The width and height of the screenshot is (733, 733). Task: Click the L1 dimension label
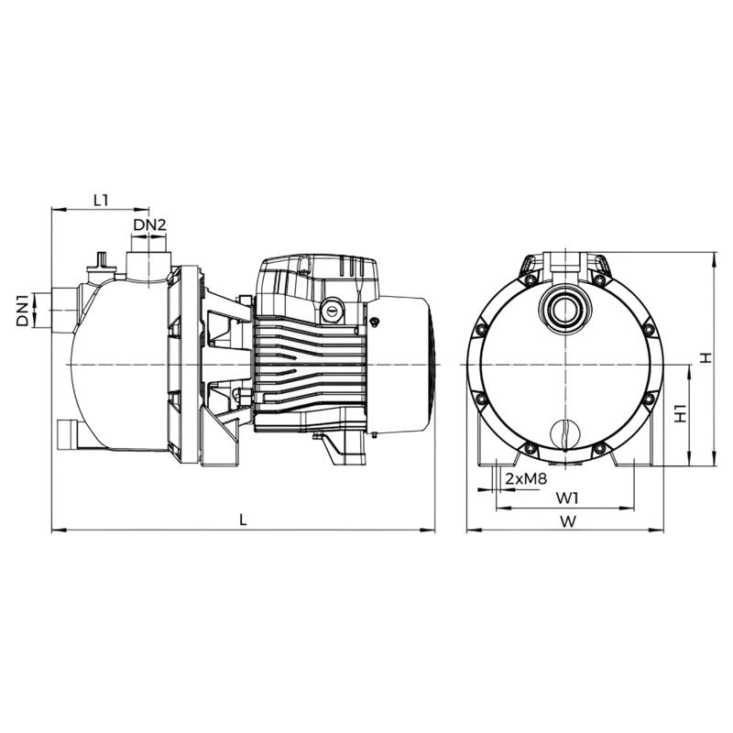coord(101,201)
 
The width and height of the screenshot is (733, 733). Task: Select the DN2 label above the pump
coord(149,225)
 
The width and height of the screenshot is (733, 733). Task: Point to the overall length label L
coord(243,520)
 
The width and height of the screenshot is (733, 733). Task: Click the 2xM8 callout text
coord(526,479)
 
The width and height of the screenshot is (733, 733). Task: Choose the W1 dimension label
coord(567,498)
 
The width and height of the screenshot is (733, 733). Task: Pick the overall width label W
coord(568,521)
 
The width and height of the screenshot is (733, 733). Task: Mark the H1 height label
coord(681,413)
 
